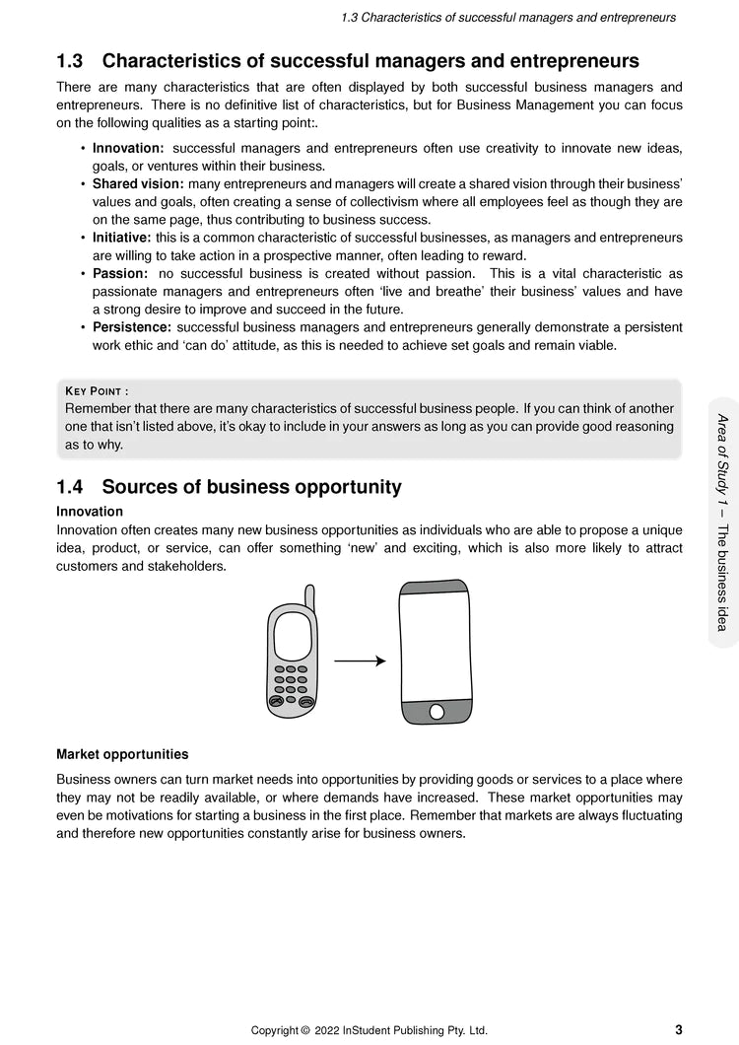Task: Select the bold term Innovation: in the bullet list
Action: (x=128, y=148)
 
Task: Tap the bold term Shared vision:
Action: (x=138, y=184)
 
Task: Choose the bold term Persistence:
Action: (x=132, y=327)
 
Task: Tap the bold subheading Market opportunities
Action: (x=122, y=754)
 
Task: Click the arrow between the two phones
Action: (x=360, y=661)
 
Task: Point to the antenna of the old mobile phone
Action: (x=309, y=596)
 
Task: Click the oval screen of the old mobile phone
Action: (x=292, y=637)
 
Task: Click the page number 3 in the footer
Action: (x=679, y=1030)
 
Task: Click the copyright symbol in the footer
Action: (x=305, y=1031)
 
